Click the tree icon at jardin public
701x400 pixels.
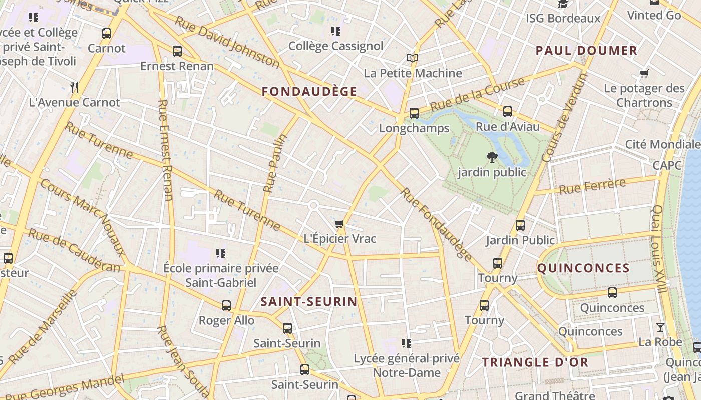492,157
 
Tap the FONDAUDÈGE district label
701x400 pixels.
309,91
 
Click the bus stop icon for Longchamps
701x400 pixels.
414,113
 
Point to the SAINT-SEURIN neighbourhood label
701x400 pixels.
309,301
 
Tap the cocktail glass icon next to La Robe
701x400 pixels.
660,327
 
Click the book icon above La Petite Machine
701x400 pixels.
412,58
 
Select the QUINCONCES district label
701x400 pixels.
583,268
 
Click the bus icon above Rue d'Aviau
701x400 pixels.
507,112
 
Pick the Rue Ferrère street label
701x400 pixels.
592,186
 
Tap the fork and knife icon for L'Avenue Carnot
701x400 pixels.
74,88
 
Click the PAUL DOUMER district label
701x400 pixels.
586,50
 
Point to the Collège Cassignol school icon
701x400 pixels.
335,31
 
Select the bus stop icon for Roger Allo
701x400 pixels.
226,305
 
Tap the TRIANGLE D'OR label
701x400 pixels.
535,362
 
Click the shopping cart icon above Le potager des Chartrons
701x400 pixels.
644,74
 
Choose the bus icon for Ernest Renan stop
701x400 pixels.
177,51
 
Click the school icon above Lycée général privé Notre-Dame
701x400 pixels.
406,343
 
